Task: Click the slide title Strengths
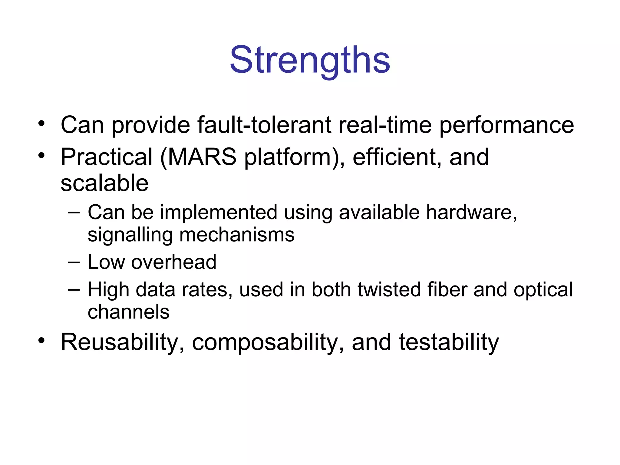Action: pyautogui.click(x=310, y=60)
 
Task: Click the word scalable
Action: pyautogui.click(x=104, y=183)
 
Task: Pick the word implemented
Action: pyautogui.click(x=218, y=212)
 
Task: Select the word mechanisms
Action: pyautogui.click(x=237, y=235)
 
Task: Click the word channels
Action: pyautogui.click(x=128, y=312)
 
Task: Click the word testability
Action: pyautogui.click(x=449, y=343)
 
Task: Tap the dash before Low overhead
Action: pyautogui.click(x=74, y=262)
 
